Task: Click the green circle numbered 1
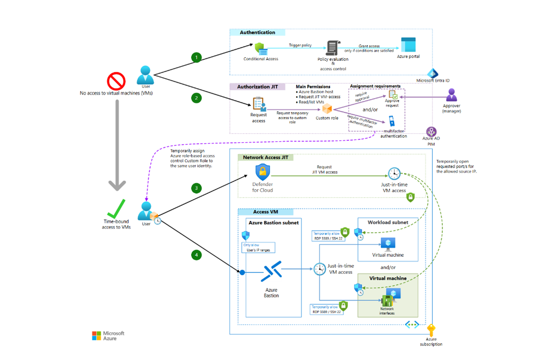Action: pos(196,58)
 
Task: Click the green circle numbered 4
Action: pos(196,255)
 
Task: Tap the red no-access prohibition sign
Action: pos(116,81)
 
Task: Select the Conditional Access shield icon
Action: pos(260,49)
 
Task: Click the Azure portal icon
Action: pos(408,45)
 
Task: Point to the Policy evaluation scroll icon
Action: pos(332,49)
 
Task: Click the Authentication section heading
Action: pos(257,32)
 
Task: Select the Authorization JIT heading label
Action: pos(257,87)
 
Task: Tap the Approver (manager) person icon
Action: pos(451,95)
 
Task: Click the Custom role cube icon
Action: pos(327,109)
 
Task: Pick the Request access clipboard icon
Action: pos(259,104)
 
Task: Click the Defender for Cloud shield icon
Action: pos(263,172)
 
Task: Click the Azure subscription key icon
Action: pos(431,330)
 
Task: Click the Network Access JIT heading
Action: pos(265,157)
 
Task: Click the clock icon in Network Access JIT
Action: pos(394,174)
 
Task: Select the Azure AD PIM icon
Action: pos(431,132)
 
